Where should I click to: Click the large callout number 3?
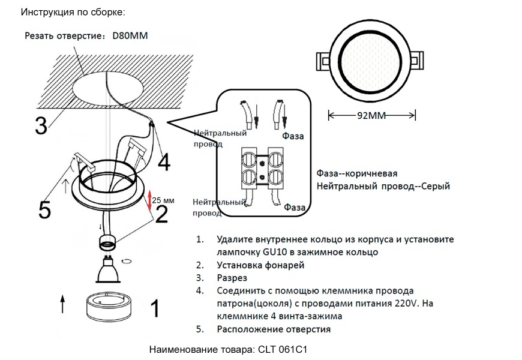(x=41, y=125)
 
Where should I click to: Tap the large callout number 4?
(x=163, y=161)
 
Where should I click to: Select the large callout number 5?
(x=44, y=209)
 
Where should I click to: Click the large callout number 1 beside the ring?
(x=154, y=308)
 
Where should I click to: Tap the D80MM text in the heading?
(x=130, y=36)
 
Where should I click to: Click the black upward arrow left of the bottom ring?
(x=63, y=304)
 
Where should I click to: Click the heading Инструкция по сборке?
(x=73, y=12)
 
